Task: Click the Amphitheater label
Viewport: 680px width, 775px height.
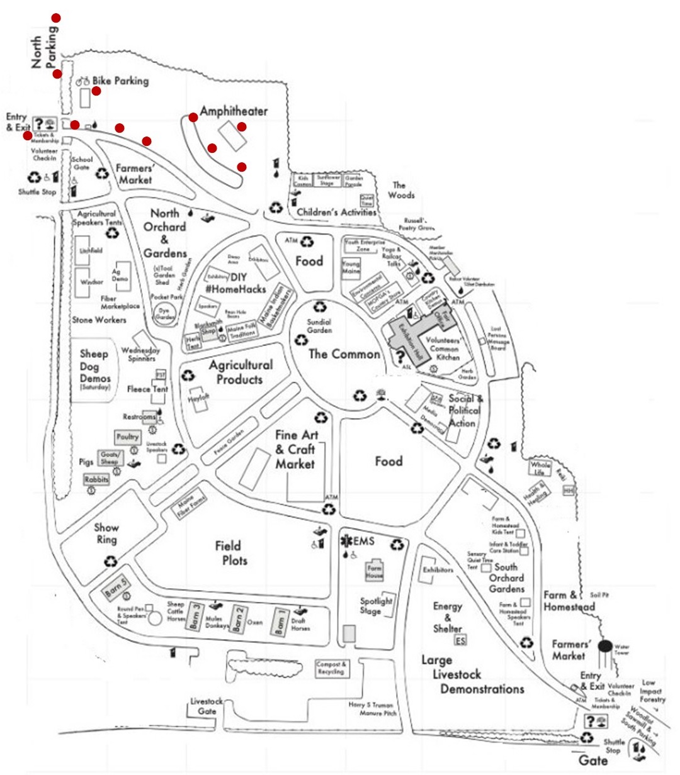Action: point(234,111)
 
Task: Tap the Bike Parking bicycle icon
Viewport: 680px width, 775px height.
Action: point(83,81)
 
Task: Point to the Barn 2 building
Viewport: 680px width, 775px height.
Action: point(238,618)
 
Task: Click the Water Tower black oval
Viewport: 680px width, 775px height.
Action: point(605,646)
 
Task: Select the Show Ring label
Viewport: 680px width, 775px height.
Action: point(106,533)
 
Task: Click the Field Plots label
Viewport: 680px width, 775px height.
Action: point(230,553)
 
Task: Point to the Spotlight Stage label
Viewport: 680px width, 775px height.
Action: point(376,605)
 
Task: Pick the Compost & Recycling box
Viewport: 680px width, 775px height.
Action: point(332,668)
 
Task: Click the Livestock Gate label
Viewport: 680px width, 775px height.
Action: point(207,706)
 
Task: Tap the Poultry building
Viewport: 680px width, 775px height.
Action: point(128,437)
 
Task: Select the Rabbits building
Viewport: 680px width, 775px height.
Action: point(96,479)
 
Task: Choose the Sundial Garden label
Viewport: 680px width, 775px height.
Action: point(319,326)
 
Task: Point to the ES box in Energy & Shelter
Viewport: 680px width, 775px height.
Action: point(461,640)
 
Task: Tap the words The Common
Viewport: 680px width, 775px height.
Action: point(344,354)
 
